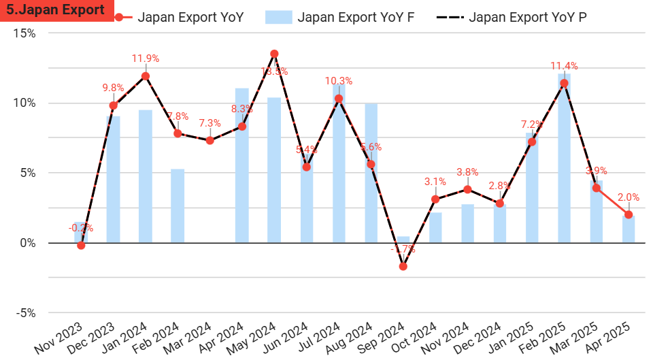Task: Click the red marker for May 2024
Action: [x=274, y=54]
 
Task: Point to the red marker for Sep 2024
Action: [x=403, y=266]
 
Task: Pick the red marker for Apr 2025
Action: [x=629, y=214]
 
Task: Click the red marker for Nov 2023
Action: [x=81, y=245]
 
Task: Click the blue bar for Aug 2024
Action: [x=371, y=173]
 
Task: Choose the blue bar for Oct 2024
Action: [x=435, y=227]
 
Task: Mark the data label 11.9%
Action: [x=146, y=59]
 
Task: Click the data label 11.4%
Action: [x=564, y=66]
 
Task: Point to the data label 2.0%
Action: [x=629, y=197]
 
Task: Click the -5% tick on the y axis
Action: [x=26, y=313]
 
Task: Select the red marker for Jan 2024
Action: [x=146, y=76]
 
